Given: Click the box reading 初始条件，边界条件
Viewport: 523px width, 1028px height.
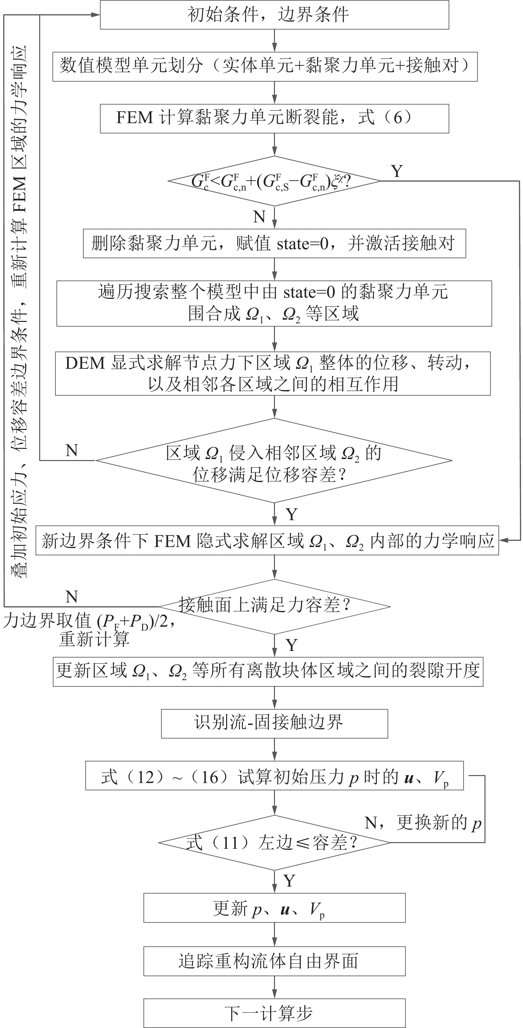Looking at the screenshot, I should tap(274, 15).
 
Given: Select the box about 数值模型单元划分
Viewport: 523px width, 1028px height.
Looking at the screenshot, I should tap(265, 66).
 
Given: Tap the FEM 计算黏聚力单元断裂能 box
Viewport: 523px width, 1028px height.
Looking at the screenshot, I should tap(274, 118).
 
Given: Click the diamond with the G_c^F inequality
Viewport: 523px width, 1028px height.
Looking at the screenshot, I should tap(274, 181).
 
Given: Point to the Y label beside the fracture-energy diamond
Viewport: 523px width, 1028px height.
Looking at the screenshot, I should tap(396, 171).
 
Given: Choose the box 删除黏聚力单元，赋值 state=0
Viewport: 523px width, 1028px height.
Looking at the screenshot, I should tap(274, 243).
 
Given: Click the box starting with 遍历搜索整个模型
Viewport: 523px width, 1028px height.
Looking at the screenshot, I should tap(274, 303).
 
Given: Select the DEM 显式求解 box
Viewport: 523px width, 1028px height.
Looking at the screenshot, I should tap(273, 373).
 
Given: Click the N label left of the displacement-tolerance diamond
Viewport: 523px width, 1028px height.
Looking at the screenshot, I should tap(71, 450).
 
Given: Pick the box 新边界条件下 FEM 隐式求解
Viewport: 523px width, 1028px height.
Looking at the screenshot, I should tap(267, 541).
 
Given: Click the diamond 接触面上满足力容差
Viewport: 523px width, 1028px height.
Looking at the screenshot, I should tap(274, 606).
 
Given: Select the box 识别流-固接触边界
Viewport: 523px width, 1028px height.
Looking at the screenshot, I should tap(274, 723).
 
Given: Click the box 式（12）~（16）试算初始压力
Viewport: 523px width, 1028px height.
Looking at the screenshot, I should tap(274, 775).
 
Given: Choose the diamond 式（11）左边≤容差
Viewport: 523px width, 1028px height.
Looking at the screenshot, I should tap(274, 843).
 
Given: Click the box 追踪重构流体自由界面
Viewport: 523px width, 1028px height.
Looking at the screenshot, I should tap(274, 961).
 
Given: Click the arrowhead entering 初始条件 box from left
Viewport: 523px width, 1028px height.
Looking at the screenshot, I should tap(96, 15).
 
